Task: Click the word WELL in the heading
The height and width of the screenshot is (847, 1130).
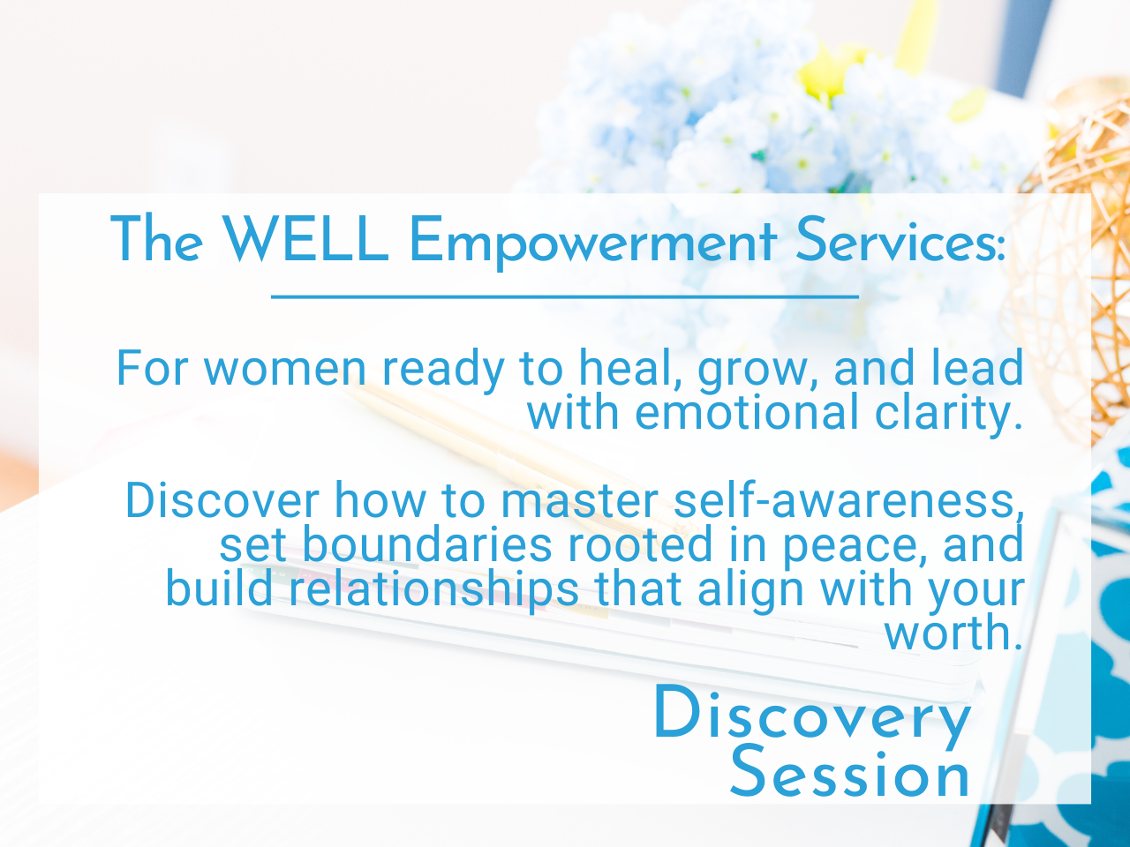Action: tap(305, 238)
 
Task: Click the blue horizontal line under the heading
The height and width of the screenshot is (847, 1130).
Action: tap(565, 296)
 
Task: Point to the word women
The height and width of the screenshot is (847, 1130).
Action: tap(284, 368)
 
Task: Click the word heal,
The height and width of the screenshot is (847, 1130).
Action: tap(631, 367)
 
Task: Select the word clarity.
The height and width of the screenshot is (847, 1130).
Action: tap(949, 415)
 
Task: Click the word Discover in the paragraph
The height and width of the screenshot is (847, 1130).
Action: tap(222, 500)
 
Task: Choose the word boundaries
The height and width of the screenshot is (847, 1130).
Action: tap(426, 544)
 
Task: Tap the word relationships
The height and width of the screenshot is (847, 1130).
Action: tap(433, 591)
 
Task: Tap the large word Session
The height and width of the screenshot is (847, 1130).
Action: tap(850, 771)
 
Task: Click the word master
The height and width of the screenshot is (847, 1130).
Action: tap(579, 501)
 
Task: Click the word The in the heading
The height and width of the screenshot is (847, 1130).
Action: tap(156, 238)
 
